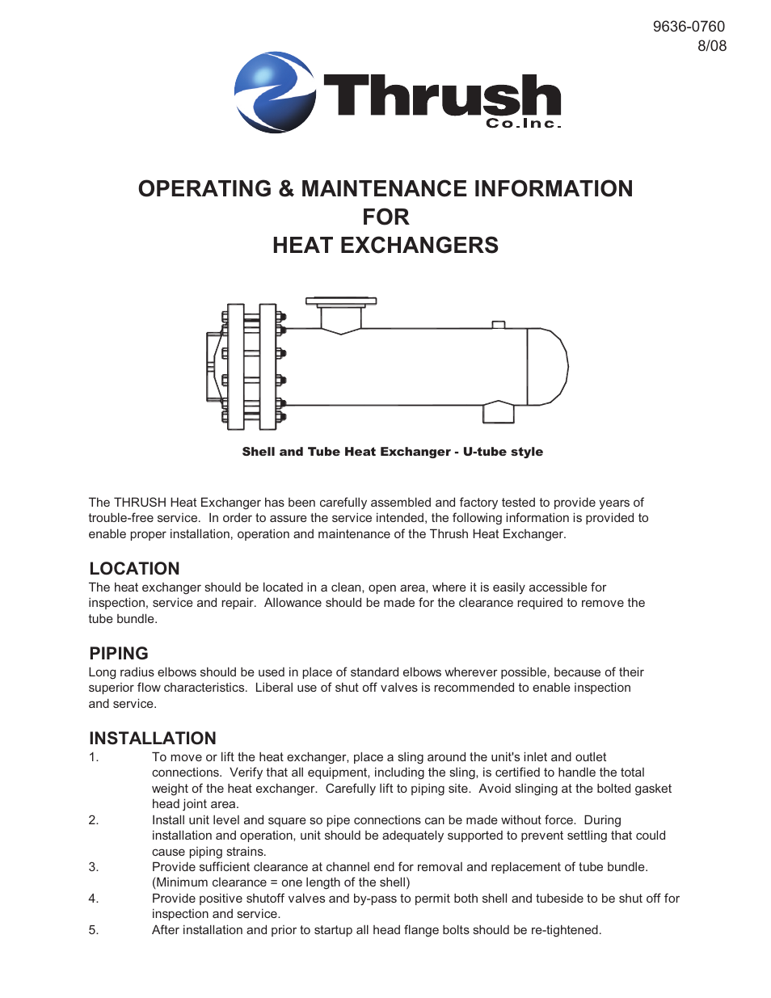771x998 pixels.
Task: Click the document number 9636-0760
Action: [x=689, y=27]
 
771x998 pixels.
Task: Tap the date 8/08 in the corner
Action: [x=712, y=46]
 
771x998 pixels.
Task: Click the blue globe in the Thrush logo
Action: [x=275, y=92]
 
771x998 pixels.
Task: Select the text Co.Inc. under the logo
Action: [x=523, y=124]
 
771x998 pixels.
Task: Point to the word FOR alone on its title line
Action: [x=385, y=217]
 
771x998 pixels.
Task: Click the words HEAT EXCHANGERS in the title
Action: [x=385, y=245]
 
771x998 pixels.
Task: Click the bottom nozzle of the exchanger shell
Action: [x=498, y=412]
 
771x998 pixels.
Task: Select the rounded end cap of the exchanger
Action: [x=550, y=366]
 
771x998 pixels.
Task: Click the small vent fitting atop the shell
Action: [x=499, y=325]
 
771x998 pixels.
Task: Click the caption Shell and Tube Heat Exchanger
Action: [x=346, y=452]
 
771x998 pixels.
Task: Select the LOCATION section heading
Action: [x=134, y=568]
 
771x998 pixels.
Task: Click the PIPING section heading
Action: [x=119, y=653]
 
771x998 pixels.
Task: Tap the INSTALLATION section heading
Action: [x=153, y=738]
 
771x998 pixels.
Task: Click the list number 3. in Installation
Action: [x=94, y=867]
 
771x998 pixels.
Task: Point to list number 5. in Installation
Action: [x=94, y=930]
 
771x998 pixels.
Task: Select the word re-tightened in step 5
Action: [x=565, y=930]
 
